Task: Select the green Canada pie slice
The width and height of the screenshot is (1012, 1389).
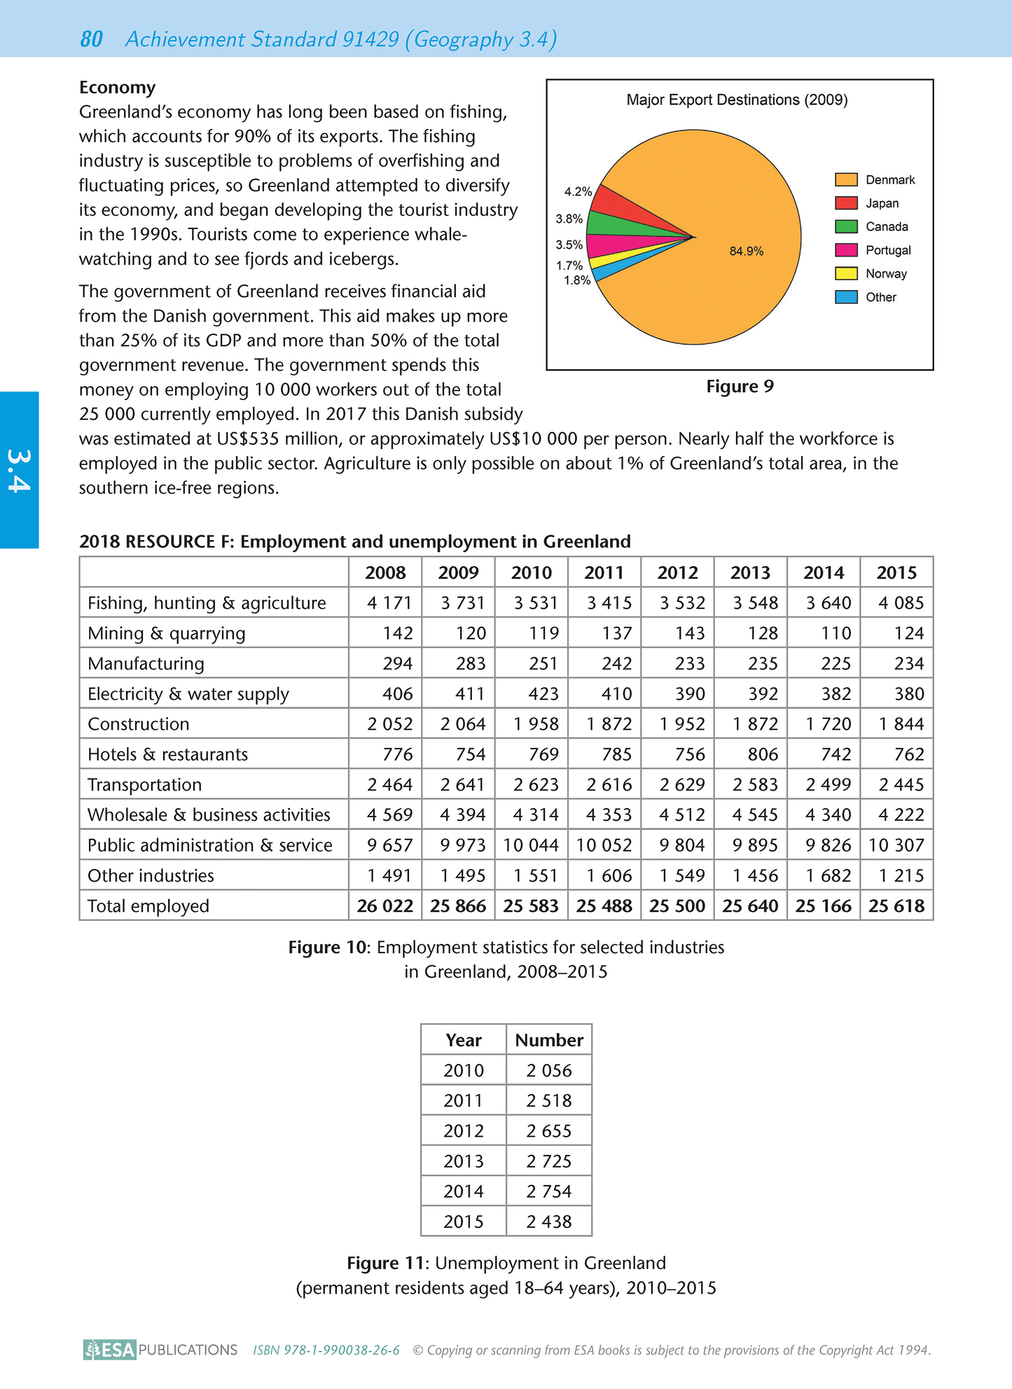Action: (613, 224)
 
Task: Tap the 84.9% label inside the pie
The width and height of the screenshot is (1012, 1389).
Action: (746, 251)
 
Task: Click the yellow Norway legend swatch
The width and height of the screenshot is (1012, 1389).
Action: (846, 273)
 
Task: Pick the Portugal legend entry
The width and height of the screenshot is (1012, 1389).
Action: (887, 250)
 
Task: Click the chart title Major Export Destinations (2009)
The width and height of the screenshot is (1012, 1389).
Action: (737, 100)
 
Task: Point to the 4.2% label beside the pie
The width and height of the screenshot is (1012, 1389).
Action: (578, 191)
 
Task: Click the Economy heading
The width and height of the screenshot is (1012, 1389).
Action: (117, 88)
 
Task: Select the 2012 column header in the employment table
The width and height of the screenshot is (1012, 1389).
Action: (677, 573)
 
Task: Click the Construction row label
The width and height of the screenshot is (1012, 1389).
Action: (139, 724)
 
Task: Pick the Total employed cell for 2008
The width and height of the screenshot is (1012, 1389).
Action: (384, 905)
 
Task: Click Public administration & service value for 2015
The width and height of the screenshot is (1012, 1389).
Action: (896, 845)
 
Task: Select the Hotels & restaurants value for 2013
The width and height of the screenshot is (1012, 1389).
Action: (763, 754)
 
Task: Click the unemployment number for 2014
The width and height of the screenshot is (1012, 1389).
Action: (549, 1191)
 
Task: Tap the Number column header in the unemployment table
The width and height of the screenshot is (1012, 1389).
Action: (549, 1040)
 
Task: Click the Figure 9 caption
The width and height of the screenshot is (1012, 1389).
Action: (740, 387)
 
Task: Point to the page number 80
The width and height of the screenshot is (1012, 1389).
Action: (92, 40)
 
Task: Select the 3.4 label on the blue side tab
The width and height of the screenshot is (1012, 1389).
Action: (19, 470)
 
